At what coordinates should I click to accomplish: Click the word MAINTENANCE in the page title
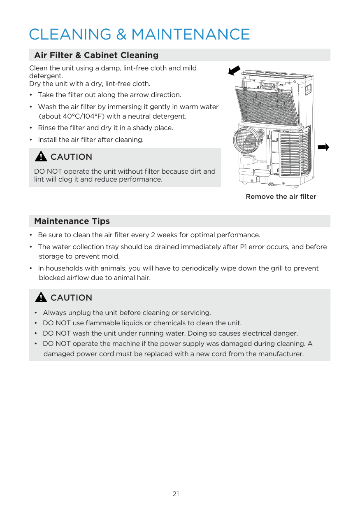coord(190,34)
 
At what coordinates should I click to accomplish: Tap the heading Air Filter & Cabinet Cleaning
coord(96,55)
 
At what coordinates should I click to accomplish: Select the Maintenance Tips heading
coord(72,221)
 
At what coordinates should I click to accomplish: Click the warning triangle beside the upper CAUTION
coord(41,156)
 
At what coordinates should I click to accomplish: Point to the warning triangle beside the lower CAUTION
coord(41,297)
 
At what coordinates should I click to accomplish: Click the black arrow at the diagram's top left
coord(234,71)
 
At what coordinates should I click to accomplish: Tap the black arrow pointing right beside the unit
coord(324,147)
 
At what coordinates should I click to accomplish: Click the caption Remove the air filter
coord(281,197)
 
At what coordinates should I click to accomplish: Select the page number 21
coord(176,494)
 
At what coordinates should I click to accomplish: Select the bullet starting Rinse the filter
coord(105,128)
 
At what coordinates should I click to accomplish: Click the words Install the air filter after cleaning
coord(91,140)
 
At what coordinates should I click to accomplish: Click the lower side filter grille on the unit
coord(294,153)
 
